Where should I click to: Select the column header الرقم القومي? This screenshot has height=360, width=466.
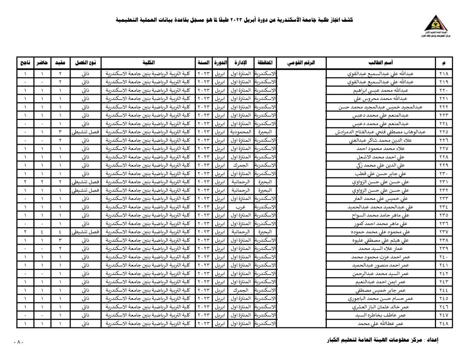click(301, 63)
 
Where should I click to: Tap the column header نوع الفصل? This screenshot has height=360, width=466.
click(85, 63)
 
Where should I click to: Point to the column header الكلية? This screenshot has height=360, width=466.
click(148, 63)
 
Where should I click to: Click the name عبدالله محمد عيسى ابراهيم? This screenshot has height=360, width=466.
click(380, 90)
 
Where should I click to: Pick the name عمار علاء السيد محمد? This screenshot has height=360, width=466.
click(380, 249)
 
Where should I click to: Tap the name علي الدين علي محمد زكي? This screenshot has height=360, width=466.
click(380, 165)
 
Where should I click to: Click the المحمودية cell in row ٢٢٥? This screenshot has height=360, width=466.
click(240, 132)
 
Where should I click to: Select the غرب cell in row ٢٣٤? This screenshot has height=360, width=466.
click(240, 207)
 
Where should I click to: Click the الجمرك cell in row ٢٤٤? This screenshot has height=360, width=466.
click(240, 290)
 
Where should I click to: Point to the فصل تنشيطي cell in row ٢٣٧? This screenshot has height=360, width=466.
click(85, 232)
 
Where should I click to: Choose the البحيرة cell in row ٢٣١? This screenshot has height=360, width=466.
click(265, 182)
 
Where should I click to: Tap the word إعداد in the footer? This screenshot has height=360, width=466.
click(432, 340)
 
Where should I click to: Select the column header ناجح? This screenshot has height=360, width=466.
click(25, 63)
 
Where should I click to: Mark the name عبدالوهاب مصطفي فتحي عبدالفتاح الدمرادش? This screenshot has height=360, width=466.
click(380, 132)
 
